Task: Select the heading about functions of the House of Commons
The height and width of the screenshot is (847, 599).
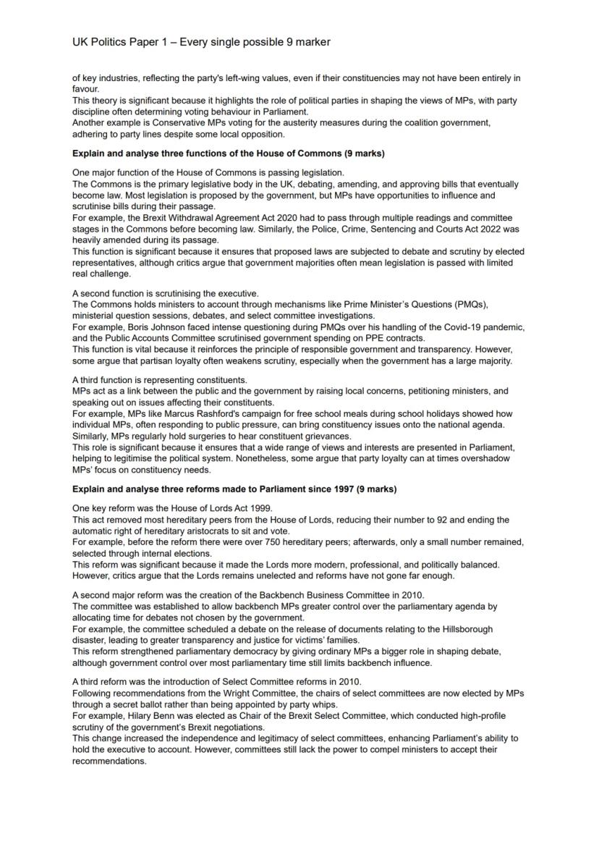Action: coord(228,153)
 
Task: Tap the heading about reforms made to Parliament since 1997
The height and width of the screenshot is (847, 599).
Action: coord(234,489)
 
